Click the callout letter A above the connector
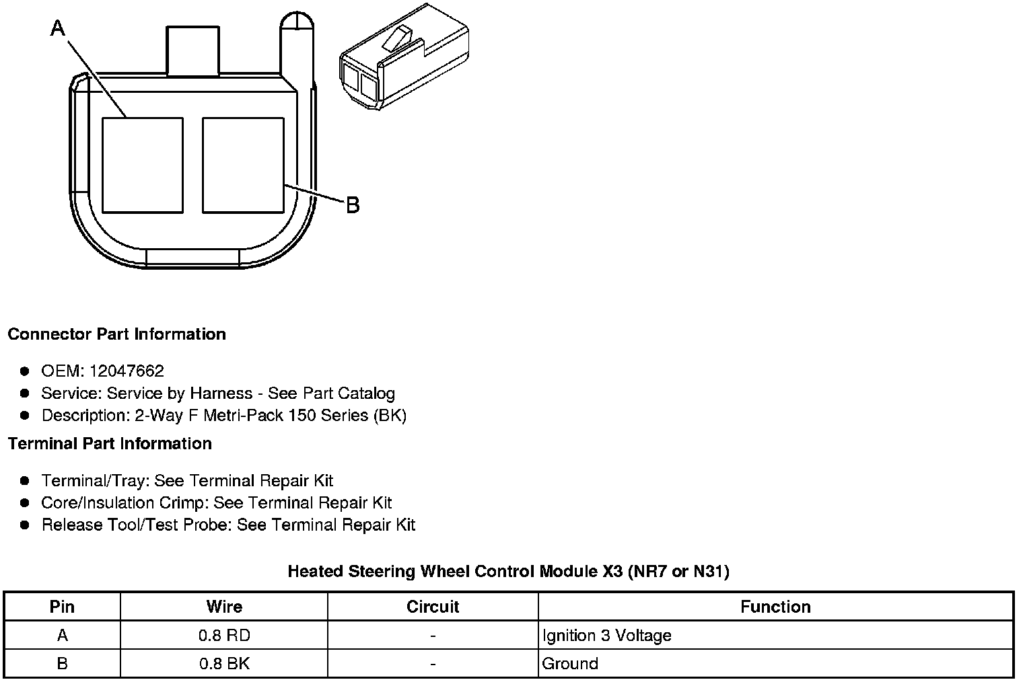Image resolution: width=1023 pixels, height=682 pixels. coord(58,28)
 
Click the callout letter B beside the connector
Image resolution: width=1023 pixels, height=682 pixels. coord(353,205)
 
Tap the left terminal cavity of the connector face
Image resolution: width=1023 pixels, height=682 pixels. coord(143,165)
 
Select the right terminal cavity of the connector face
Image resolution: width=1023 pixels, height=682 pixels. coord(243,165)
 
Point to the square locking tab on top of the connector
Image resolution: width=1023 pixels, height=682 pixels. coord(192,50)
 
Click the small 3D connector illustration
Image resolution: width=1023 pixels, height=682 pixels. coord(404,57)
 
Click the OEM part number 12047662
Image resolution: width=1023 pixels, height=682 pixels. coord(127,371)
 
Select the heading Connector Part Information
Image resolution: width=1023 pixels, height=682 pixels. coord(117,334)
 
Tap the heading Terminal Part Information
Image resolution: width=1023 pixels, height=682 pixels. coord(110,444)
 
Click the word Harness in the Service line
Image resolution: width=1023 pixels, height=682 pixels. coord(221,393)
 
